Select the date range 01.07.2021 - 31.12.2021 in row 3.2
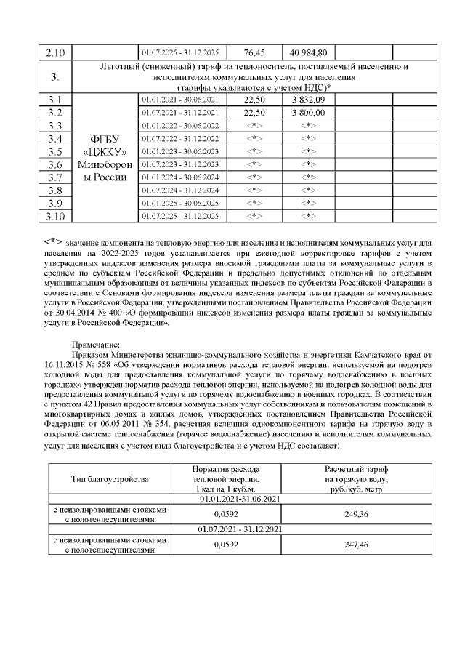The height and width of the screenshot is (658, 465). pos(180,113)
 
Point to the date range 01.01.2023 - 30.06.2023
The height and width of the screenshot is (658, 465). pos(180,151)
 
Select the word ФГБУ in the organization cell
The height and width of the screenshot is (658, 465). pos(106,139)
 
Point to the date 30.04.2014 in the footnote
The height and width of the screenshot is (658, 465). pos(73,312)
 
